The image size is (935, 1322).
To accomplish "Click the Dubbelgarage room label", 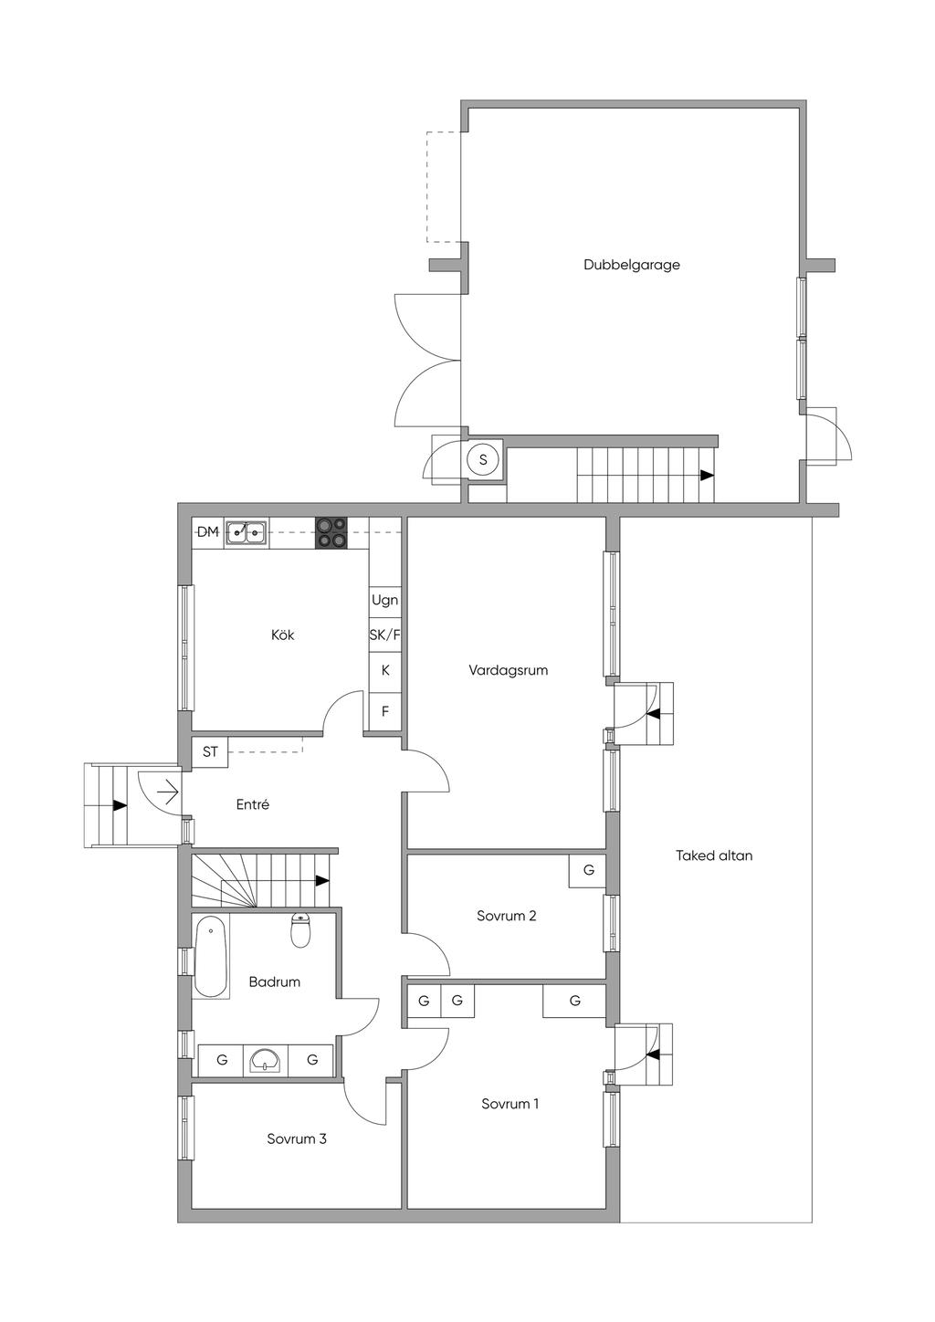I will pos(632,265).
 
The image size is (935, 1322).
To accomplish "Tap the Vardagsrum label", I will pos(508,670).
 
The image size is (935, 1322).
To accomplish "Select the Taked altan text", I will pos(714,855).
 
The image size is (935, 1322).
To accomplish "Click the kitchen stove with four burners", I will pos(331,532).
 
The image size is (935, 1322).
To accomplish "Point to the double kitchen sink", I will pos(247,531).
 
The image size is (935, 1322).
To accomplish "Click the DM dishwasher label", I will pos(208,531).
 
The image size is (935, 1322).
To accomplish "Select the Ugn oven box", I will pos(384,600).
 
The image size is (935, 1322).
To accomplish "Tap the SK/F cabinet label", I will pos(384,635).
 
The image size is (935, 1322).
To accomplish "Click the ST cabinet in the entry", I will pos(211,752).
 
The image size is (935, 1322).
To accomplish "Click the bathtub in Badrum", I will pos(211,956).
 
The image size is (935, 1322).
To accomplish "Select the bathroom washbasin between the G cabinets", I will pos(266,1060).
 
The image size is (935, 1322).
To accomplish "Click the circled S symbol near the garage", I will pos(483,458).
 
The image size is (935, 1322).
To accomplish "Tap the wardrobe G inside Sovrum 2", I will pos(588,870).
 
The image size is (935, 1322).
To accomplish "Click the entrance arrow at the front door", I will pos(167,792).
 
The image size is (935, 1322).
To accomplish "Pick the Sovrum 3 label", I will pos(297,1138).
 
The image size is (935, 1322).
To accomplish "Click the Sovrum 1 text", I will pos(510,1104).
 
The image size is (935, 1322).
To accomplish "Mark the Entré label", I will pos(253,804).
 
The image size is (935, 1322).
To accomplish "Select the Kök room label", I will pos(283,635).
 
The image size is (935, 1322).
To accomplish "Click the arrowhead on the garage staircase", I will pos(707,476).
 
